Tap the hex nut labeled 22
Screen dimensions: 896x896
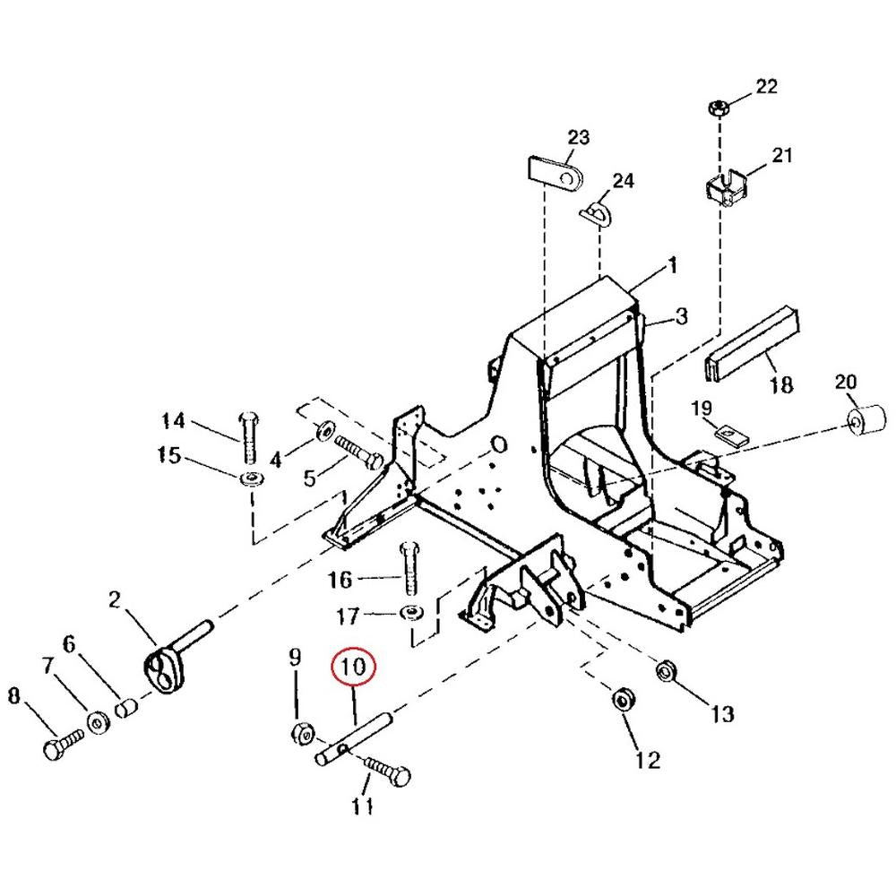[x=717, y=108]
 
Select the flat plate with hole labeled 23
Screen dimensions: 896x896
[x=554, y=173]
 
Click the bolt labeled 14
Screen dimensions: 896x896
[x=250, y=437]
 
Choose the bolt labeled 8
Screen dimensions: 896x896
[x=63, y=744]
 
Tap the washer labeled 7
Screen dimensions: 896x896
[x=99, y=723]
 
